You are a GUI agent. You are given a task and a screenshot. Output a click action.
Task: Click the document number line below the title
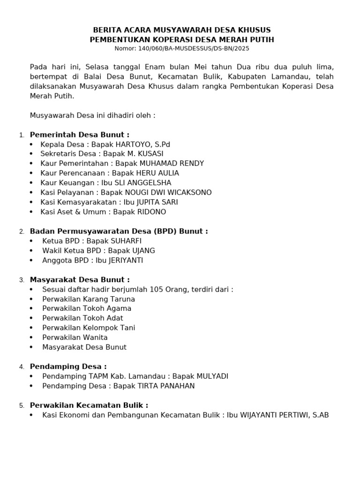point(182,48)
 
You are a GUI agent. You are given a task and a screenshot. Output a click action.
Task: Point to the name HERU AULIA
point(156,173)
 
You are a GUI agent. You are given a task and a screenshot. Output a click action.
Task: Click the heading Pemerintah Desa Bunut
point(79,135)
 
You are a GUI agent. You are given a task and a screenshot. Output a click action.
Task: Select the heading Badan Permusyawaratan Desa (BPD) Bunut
point(119,231)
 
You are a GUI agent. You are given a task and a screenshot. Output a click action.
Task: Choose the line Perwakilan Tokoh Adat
point(82,318)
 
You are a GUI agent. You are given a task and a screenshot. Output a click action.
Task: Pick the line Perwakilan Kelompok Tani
point(89,328)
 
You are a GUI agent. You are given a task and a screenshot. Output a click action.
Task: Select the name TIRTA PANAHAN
point(166,386)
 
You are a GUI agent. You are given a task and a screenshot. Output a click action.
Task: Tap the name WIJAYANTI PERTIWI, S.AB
point(285,415)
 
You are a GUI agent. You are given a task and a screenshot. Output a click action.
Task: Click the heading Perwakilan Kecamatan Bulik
point(89,405)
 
